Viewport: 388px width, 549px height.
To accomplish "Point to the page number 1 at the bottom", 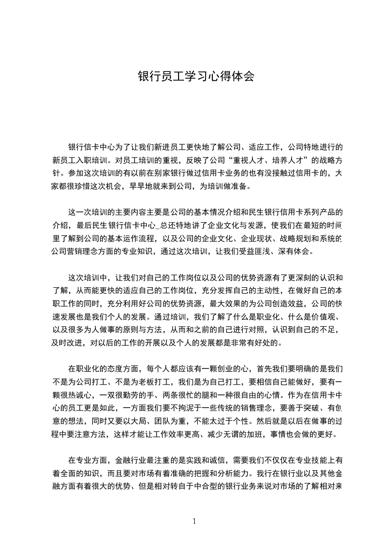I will click(194, 521).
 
